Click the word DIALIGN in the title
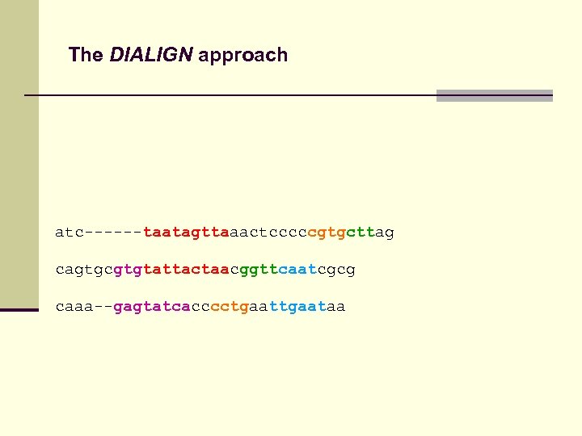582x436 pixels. click(x=151, y=55)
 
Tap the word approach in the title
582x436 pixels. click(x=242, y=56)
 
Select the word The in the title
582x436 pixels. click(x=86, y=55)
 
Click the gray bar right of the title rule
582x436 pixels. click(x=494, y=95)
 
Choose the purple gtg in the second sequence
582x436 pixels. click(x=127, y=269)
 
